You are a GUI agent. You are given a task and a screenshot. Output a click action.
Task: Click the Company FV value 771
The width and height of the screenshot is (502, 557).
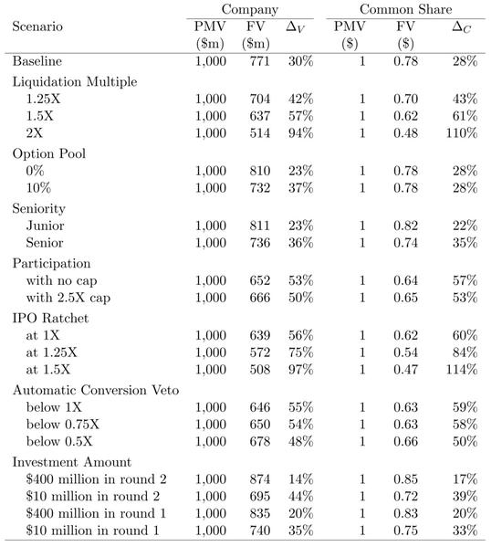(x=258, y=61)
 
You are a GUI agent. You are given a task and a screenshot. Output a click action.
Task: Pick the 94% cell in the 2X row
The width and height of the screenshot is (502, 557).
(x=299, y=132)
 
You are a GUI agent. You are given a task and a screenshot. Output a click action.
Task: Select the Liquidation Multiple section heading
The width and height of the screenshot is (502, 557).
(x=73, y=81)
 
